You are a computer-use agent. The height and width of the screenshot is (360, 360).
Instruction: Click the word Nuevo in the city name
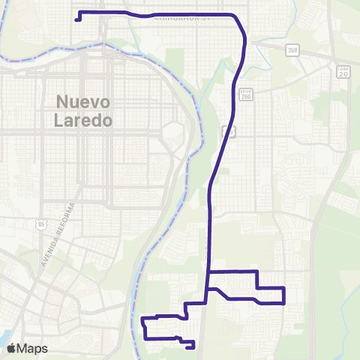pyautogui.click(x=84, y=103)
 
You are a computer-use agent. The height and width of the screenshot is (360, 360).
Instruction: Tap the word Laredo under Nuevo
pyautogui.click(x=84, y=119)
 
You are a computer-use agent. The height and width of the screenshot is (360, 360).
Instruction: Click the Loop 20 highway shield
pyautogui.click(x=343, y=72)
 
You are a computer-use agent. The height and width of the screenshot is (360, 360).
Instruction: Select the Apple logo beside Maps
pyautogui.click(x=11, y=348)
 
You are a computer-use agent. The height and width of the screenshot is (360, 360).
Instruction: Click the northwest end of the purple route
pyautogui.click(x=77, y=19)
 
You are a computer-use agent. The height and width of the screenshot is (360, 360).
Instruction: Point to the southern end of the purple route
pyautogui.click(x=193, y=346)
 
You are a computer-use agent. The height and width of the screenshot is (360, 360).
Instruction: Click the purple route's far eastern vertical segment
pyautogui.click(x=284, y=295)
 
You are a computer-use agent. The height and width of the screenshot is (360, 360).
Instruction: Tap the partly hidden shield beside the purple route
pyautogui.click(x=230, y=130)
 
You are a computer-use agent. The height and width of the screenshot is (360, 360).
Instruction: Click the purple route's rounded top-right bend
pyautogui.click(x=241, y=22)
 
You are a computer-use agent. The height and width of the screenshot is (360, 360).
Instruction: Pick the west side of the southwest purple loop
pyautogui.click(x=143, y=328)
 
